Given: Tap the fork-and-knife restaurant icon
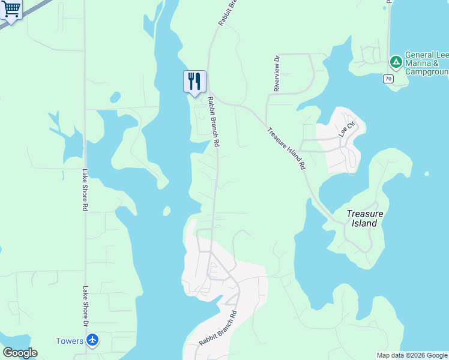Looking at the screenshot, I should (194, 81).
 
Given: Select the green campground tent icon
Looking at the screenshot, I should (396, 62).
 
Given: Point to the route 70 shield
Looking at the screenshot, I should (389, 79).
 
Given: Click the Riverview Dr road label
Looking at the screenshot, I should (277, 74).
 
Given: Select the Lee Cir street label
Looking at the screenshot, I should (347, 129).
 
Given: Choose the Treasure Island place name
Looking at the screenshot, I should (364, 218).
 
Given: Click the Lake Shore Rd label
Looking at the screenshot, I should (85, 189).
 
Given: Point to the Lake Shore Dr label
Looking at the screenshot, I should (85, 307).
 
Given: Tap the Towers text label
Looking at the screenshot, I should (70, 341).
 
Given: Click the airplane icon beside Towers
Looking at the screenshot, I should (92, 341).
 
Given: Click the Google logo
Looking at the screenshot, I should (20, 353).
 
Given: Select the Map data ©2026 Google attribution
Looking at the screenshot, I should (412, 355).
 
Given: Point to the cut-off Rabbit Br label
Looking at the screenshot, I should (229, 12).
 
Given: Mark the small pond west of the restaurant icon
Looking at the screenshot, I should (115, 97).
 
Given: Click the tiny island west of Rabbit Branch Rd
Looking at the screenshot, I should (166, 211).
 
